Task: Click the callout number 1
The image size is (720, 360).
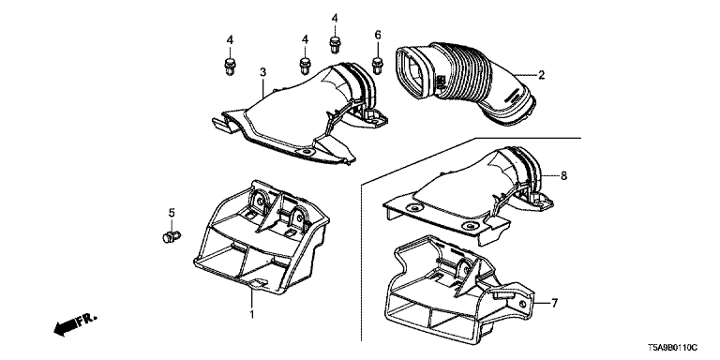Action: pos(251,314)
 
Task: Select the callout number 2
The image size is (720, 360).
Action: pos(541,75)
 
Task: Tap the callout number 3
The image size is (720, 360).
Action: pos(262,72)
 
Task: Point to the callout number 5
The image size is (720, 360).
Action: pos(172,213)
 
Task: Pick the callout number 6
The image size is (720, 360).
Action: pos(378,35)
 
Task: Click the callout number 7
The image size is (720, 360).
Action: pos(554,303)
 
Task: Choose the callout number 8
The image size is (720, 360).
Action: pos(563,175)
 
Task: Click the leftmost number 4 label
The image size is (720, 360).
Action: pos(230,40)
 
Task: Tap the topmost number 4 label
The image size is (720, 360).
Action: pos(335,18)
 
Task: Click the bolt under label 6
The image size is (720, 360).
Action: pos(378,66)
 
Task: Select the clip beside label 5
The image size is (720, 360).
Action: pos(172,237)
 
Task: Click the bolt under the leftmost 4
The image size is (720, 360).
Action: pos(230,67)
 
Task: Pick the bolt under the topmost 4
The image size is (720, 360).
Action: pos(335,45)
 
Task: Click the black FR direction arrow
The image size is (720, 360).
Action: pos(65,328)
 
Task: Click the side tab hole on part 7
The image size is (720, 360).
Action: pos(523,305)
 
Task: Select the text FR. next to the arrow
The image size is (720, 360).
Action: pos(86,319)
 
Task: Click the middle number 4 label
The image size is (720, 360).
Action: pos(305,40)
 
